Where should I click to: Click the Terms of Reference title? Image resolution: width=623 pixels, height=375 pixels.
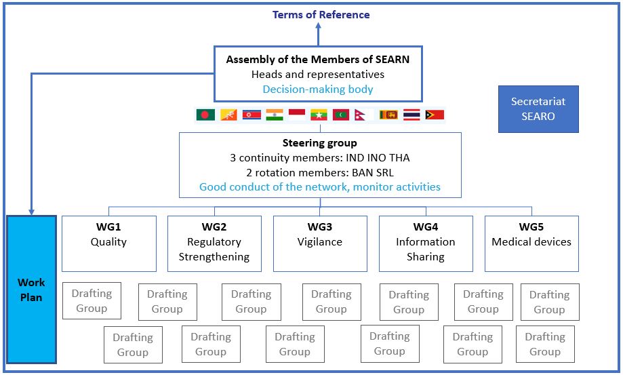tap(321, 15)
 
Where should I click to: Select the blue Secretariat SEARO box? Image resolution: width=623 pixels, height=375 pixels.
tap(538, 109)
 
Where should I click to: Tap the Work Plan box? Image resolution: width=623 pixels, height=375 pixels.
tap(31, 290)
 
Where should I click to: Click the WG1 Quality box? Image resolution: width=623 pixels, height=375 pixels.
tap(109, 243)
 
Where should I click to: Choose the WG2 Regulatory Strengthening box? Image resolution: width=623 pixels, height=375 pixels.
tap(214, 243)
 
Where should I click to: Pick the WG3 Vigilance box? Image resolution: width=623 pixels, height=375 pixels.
tap(320, 243)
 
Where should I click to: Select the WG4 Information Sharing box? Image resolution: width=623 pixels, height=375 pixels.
tap(426, 243)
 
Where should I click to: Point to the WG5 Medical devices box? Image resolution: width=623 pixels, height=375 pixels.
tap(531, 243)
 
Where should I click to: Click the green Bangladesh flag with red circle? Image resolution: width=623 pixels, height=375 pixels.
tap(205, 115)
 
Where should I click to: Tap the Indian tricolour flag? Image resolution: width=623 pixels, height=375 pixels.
tap(275, 115)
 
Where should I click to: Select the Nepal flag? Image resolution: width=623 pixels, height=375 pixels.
tap(360, 115)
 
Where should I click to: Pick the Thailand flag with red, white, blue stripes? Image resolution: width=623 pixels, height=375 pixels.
tap(411, 115)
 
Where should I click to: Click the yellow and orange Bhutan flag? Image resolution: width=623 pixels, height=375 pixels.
tap(228, 115)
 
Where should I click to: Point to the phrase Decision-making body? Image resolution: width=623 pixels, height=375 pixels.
tap(318, 89)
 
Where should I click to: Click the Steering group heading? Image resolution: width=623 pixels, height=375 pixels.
tap(320, 142)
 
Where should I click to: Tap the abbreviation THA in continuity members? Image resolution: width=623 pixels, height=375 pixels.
tap(399, 158)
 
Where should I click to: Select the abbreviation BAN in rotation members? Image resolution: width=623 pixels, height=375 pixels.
tap(361, 173)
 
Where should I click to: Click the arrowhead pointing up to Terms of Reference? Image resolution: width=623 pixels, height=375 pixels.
tap(318, 25)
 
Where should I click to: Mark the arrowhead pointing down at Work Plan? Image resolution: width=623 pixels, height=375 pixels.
tap(31, 212)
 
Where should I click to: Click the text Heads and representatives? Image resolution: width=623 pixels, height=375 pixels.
tap(318, 75)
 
